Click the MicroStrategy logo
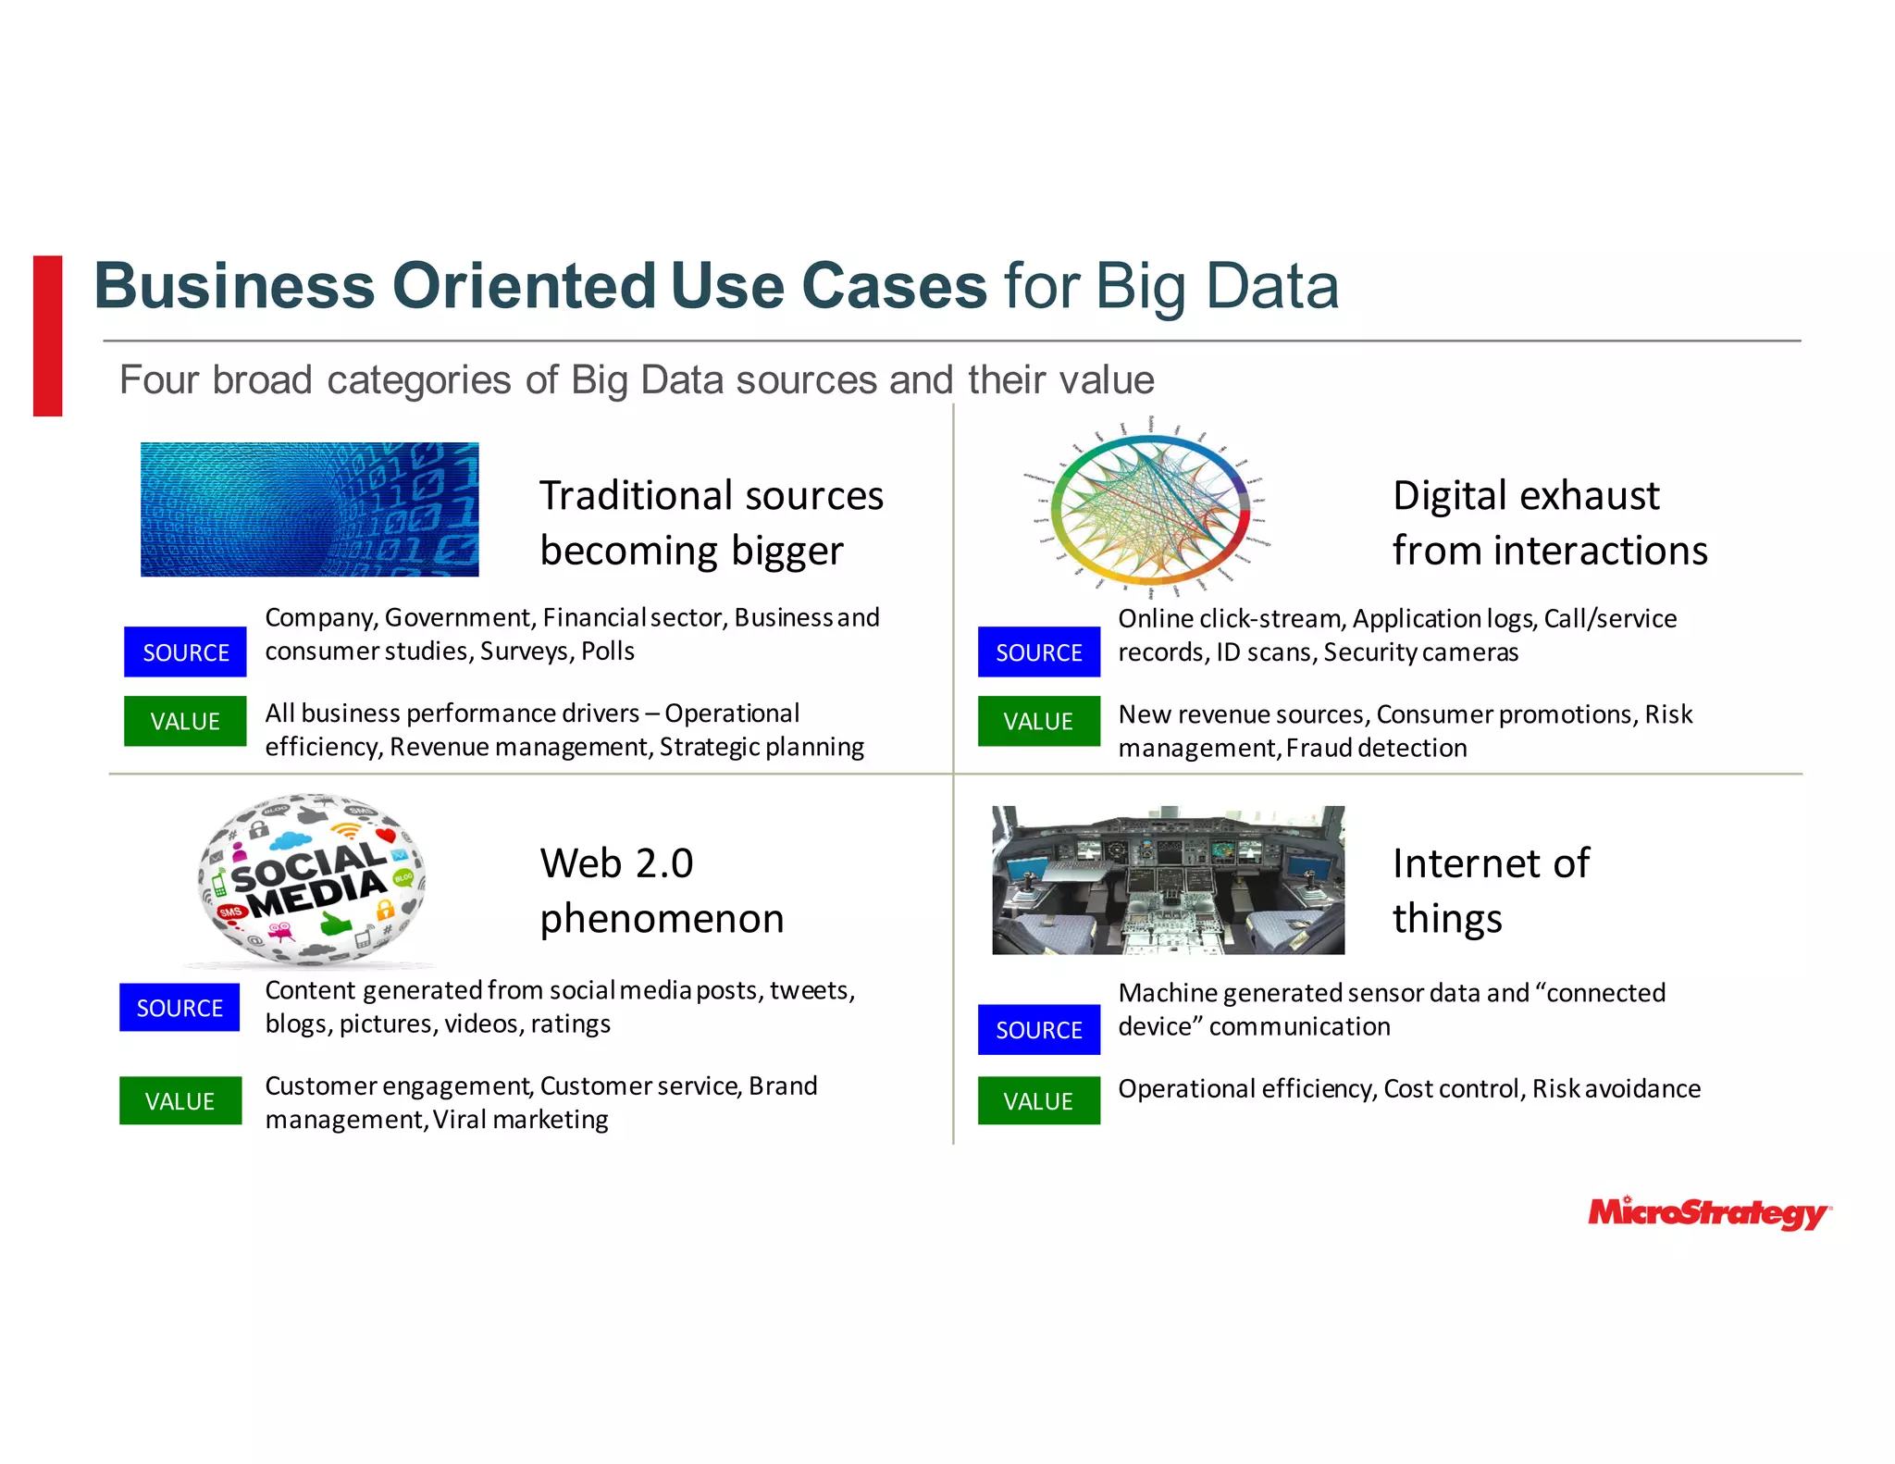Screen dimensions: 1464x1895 coord(1708,1212)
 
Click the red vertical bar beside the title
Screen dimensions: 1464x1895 coord(48,336)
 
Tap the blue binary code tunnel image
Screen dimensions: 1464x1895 coord(309,510)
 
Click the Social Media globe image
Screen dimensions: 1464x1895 coord(312,879)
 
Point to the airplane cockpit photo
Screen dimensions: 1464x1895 coord(1168,880)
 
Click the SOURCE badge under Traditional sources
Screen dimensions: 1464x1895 coord(185,652)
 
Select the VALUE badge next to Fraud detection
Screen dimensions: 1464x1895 coord(1038,722)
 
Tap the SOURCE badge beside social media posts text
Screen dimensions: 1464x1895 coord(180,1008)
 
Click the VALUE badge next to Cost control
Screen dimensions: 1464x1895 coord(1038,1101)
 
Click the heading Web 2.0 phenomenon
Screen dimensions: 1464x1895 coord(661,890)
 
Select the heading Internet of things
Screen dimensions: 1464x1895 coord(1490,890)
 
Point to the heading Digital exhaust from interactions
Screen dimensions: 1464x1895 coord(1549,523)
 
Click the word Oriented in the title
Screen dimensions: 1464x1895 coord(524,286)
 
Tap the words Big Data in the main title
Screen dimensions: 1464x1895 coord(1217,286)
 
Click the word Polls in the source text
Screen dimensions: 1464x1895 coord(608,651)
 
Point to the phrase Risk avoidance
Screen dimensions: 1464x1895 coord(1616,1089)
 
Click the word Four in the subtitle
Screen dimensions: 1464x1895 coord(158,380)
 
